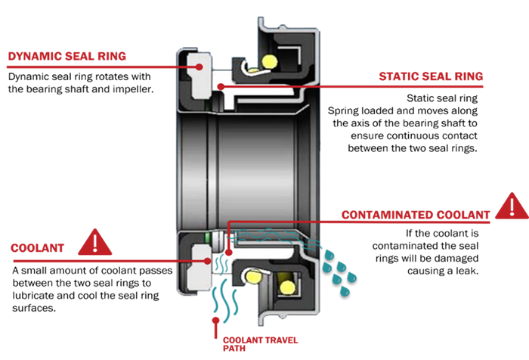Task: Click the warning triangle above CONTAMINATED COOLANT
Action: (510, 205)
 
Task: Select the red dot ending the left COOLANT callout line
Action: (207, 261)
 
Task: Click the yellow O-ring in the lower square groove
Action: (288, 286)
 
